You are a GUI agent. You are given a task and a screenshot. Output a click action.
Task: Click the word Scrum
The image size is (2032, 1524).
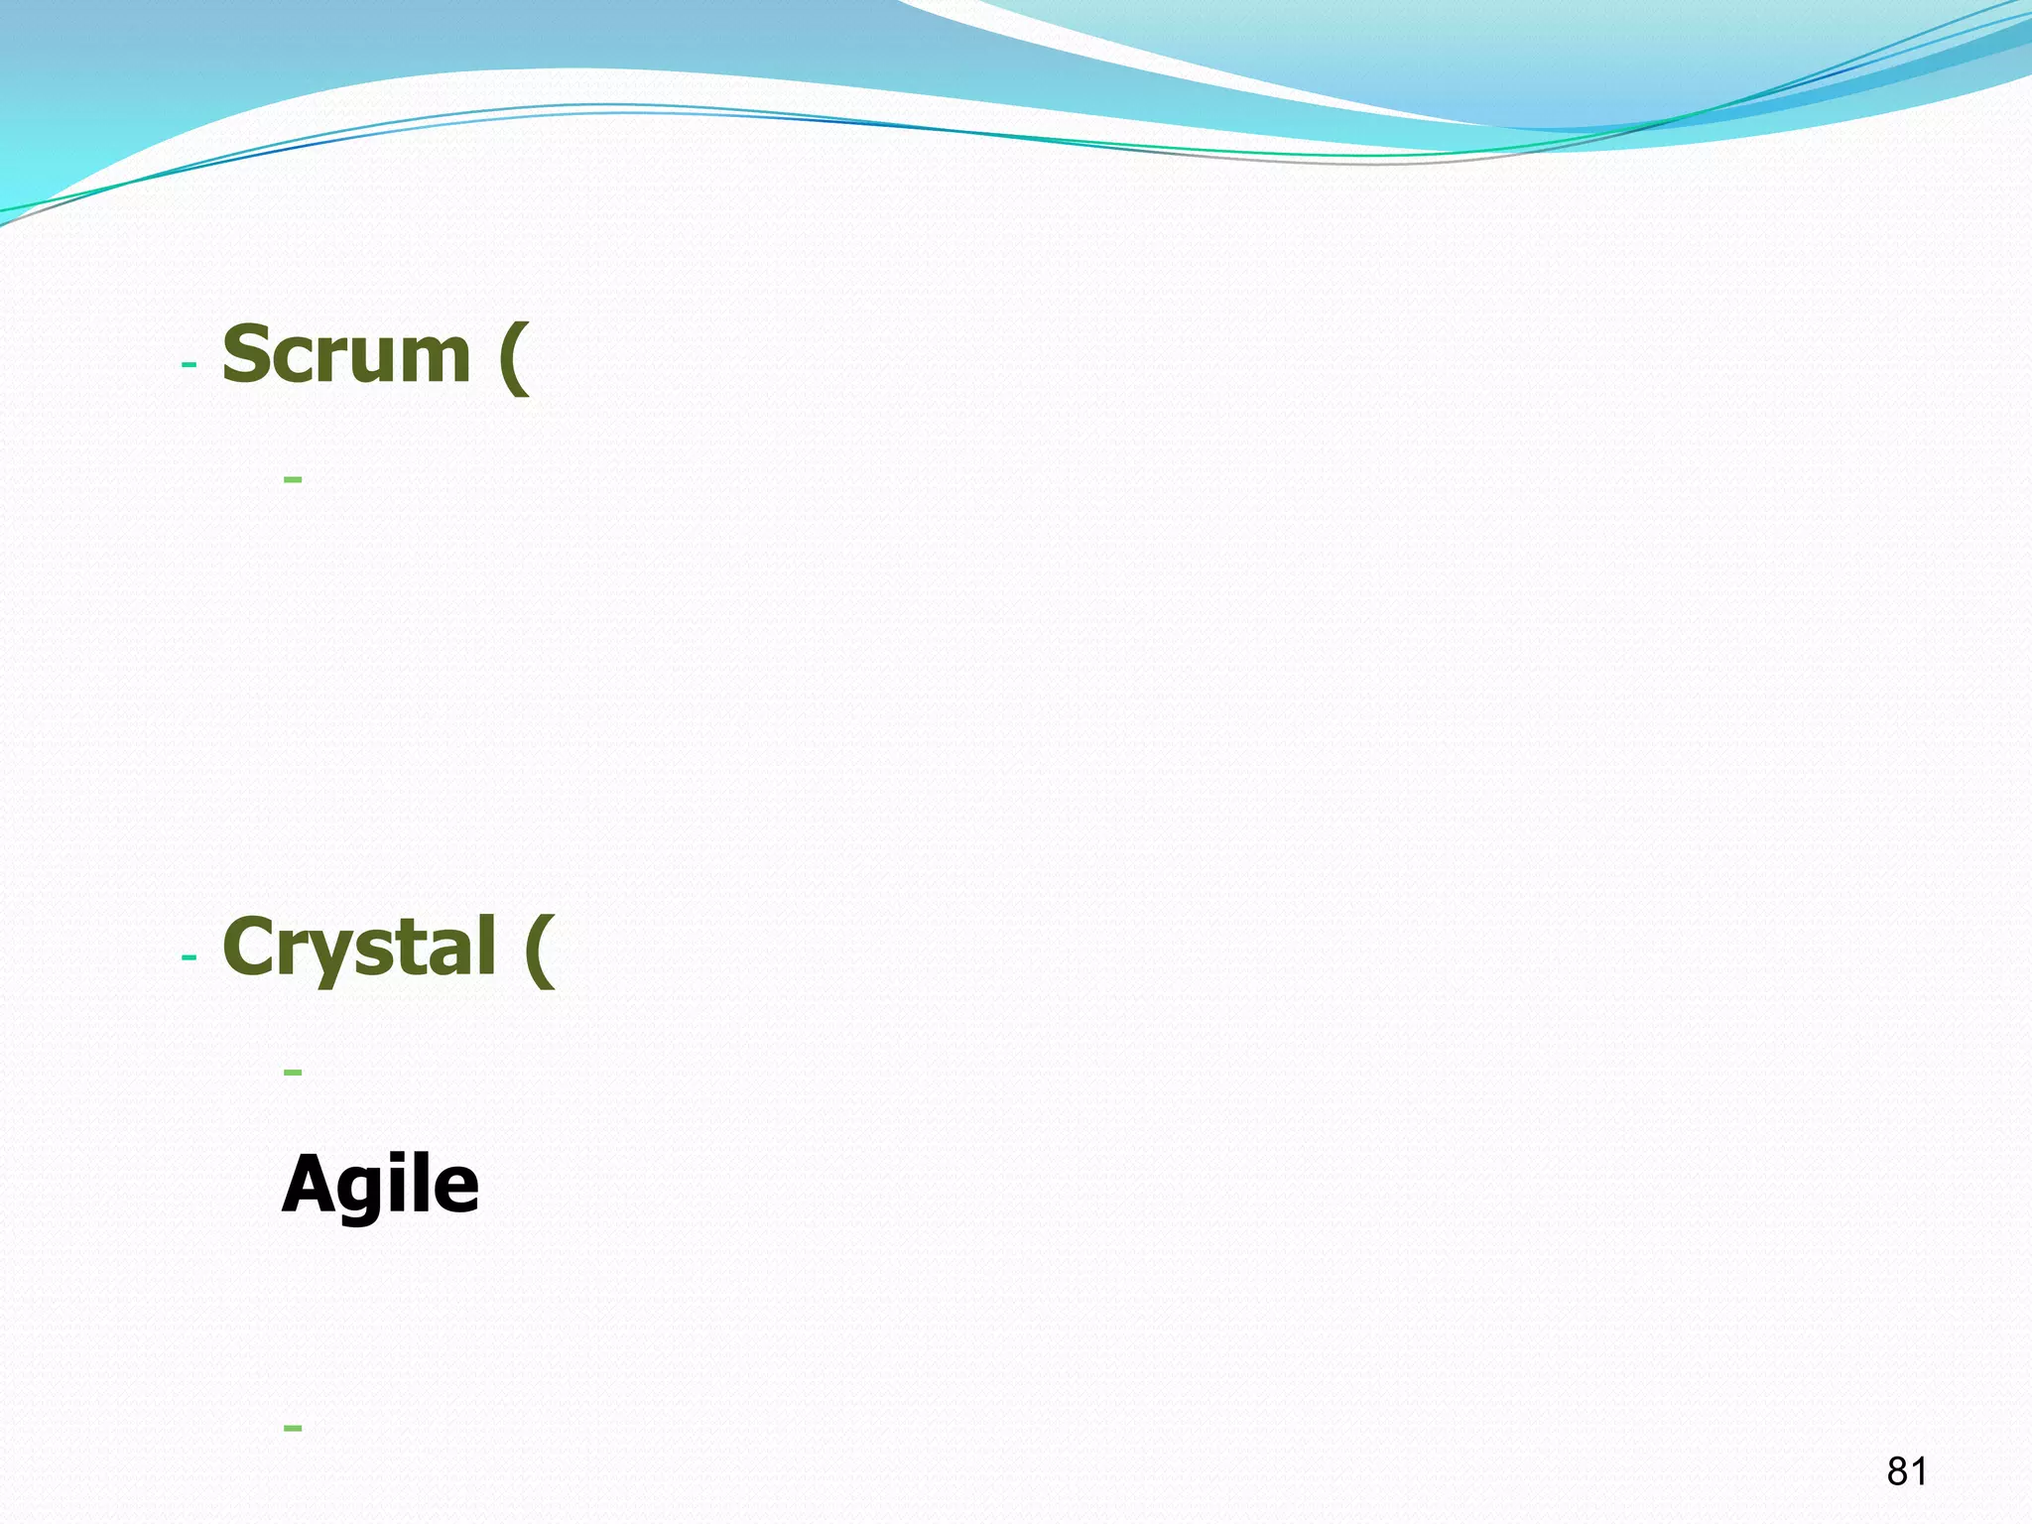tap(346, 354)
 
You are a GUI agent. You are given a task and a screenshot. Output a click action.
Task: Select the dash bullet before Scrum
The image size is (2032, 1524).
tap(190, 365)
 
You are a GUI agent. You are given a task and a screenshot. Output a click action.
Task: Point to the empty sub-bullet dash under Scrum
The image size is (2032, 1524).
tap(293, 480)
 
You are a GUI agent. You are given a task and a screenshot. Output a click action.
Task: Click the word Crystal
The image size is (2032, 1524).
tap(359, 948)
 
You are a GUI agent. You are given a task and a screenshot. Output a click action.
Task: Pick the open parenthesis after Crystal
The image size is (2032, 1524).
tap(540, 951)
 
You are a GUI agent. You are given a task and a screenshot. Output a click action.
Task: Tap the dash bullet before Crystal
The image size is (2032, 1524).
tap(190, 958)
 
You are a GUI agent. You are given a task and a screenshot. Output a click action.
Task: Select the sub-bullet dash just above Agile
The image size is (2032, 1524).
tap(293, 1073)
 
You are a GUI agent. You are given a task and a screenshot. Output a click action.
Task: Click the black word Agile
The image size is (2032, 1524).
tap(381, 1185)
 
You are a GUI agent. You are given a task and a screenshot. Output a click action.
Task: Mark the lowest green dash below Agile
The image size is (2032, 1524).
tap(293, 1429)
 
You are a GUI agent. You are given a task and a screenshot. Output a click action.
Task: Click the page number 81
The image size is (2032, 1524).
tap(1907, 1471)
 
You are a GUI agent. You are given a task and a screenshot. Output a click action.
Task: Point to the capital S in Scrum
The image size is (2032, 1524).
tap(247, 354)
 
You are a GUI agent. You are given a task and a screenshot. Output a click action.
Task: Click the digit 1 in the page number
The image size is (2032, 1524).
tap(1919, 1471)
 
